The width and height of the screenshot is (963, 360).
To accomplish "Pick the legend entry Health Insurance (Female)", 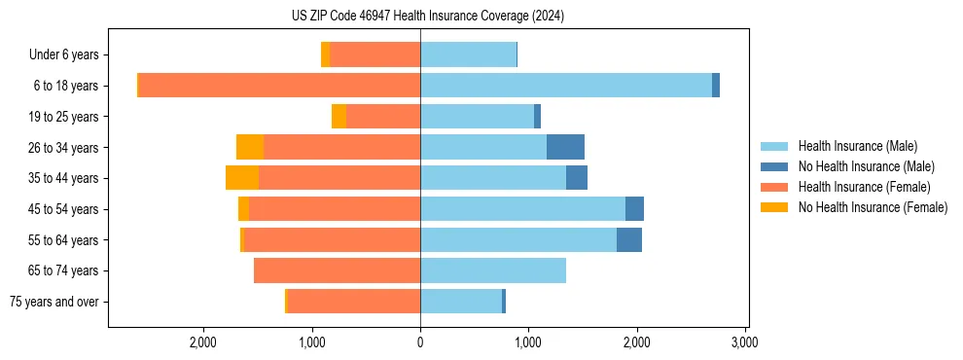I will [x=865, y=187].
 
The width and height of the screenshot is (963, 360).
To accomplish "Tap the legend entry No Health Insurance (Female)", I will [x=873, y=207].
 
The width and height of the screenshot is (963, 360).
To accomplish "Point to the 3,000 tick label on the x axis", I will [x=745, y=343].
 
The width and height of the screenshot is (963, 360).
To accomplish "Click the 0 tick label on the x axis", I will [x=420, y=343].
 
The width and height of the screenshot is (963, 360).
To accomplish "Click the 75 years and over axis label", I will [x=54, y=302].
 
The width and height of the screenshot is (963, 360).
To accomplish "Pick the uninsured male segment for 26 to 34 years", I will [x=565, y=147].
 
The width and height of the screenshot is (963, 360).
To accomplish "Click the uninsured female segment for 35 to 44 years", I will [x=242, y=178].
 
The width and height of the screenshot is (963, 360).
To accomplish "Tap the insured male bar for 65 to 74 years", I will [x=493, y=270].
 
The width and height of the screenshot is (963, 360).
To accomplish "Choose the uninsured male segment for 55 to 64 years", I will [x=629, y=239].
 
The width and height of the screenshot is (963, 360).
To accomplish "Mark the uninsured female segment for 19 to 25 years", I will [x=339, y=117].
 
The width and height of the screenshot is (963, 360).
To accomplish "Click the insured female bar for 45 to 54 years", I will [x=335, y=209].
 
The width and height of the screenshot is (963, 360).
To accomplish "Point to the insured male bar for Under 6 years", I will [x=468, y=54].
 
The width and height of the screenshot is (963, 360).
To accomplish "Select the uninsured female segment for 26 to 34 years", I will [x=250, y=147].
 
